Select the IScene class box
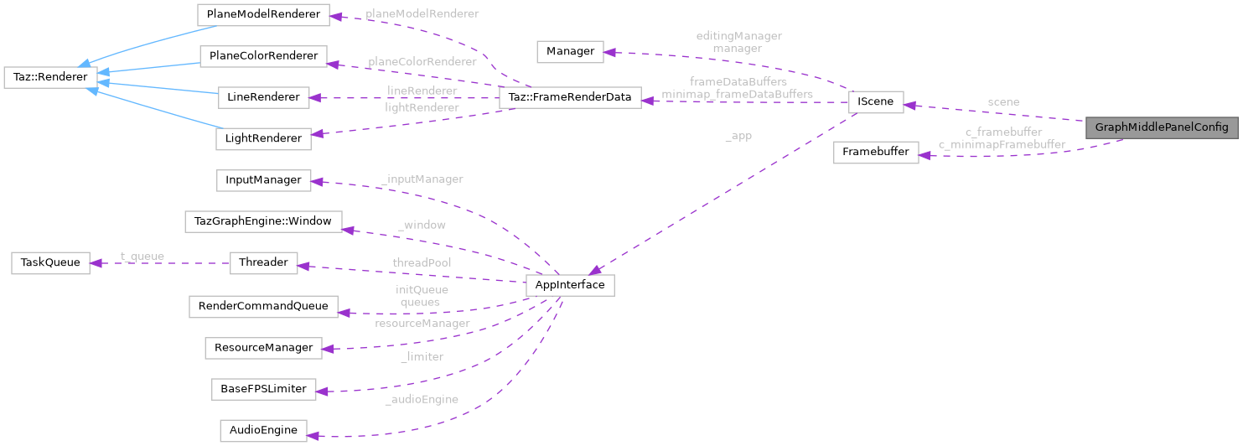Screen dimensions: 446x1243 coord(876,102)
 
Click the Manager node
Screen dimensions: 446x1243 coord(570,51)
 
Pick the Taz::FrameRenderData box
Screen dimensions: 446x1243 coord(569,97)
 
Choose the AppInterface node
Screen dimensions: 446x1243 coord(569,285)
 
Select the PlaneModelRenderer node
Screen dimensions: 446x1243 coord(263,14)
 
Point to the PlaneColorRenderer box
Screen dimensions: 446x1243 coord(263,56)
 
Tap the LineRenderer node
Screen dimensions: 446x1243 coord(263,97)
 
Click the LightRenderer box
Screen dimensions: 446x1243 coord(263,138)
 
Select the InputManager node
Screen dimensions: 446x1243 coord(263,180)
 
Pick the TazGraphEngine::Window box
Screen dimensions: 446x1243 coord(263,221)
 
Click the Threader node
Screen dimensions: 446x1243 coord(263,262)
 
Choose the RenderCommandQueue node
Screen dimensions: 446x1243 coord(263,306)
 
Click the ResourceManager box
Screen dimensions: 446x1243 coord(263,347)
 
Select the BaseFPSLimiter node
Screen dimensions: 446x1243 coord(263,389)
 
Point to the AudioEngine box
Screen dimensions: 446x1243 coord(263,431)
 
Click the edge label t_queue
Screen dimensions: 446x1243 coord(142,257)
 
